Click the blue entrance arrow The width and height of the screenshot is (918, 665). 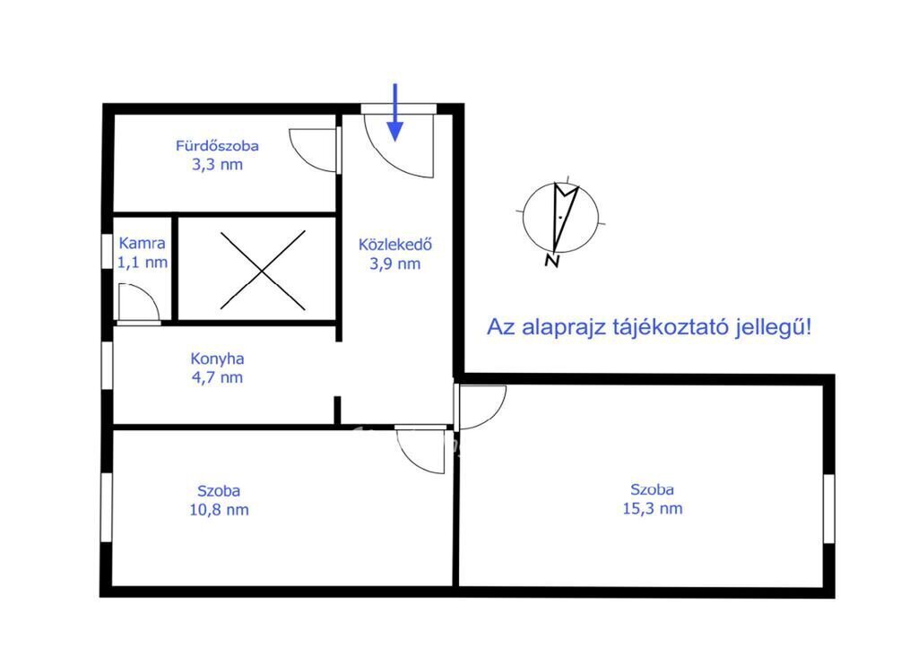coord(395,112)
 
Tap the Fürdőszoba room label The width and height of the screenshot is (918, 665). coord(217,145)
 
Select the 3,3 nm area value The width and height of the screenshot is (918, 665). coord(217,165)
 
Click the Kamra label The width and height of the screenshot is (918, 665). coord(143,243)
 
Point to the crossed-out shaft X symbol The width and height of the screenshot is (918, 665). coord(263,270)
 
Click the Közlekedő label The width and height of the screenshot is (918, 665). coord(395,244)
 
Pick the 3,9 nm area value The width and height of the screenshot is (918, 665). coord(395,264)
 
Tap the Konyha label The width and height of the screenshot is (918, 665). coord(217,358)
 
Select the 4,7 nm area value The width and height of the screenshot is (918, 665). coord(217,377)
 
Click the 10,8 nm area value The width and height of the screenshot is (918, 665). coord(219,510)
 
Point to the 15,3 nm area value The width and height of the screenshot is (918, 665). coord(653,509)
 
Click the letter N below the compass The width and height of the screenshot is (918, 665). coord(551,261)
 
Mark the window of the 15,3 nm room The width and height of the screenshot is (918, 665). coord(828,509)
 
